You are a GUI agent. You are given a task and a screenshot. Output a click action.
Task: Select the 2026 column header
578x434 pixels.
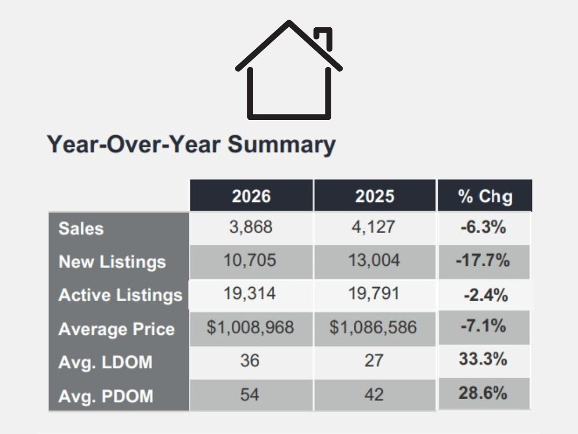click(251, 196)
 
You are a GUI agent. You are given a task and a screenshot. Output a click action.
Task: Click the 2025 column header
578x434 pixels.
click(375, 196)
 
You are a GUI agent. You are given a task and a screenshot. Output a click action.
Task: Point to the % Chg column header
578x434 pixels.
click(485, 196)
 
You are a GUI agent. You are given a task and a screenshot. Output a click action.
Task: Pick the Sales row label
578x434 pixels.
click(81, 228)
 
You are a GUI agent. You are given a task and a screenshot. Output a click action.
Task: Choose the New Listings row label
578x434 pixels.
click(112, 261)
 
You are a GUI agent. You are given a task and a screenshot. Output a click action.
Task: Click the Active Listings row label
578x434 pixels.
click(120, 295)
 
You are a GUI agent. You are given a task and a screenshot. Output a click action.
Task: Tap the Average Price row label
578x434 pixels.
click(117, 329)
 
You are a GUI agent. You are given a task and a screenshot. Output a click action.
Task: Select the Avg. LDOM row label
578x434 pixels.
click(105, 363)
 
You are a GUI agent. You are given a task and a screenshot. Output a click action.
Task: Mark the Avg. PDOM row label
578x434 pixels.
click(106, 396)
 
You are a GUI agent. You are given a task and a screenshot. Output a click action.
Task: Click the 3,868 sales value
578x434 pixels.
click(251, 227)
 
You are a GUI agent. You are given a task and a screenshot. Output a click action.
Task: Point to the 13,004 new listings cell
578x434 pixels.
click(375, 260)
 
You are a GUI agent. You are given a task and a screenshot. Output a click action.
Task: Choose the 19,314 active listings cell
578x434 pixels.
click(251, 294)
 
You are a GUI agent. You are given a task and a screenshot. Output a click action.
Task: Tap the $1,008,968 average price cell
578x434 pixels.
click(250, 327)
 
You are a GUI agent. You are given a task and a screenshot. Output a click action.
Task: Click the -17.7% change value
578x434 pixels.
click(483, 260)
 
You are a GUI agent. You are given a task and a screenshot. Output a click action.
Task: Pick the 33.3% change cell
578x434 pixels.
click(483, 359)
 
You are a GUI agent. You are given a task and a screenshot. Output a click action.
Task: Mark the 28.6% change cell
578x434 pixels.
click(483, 393)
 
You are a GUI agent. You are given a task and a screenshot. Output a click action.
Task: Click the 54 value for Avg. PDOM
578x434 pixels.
click(249, 394)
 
